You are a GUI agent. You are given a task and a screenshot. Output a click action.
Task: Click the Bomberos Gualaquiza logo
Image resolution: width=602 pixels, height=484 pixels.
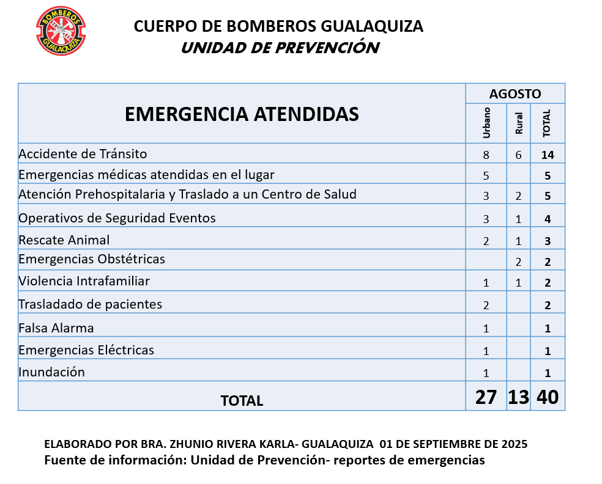(x=61, y=31)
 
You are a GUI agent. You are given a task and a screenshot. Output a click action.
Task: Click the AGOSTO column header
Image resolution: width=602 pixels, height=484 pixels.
(x=515, y=94)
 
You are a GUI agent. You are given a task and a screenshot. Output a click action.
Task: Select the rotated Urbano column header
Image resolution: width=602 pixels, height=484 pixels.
(x=487, y=123)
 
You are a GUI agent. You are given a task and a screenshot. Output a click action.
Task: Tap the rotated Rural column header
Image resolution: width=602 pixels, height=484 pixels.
(x=519, y=124)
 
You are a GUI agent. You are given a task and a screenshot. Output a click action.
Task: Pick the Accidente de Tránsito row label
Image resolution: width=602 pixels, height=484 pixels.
(x=83, y=153)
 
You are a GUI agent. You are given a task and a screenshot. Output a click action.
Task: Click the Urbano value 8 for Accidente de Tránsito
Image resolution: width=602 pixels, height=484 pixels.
(x=486, y=155)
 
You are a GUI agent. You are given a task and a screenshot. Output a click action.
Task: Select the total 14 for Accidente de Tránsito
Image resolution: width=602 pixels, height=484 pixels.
(x=548, y=155)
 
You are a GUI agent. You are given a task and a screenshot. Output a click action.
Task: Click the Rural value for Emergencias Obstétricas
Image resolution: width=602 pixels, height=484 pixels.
(x=518, y=262)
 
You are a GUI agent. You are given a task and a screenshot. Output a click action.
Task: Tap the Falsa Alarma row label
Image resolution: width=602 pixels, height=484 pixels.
(x=56, y=328)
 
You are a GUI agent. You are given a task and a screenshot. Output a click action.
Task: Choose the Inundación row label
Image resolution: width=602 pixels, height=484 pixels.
(x=51, y=372)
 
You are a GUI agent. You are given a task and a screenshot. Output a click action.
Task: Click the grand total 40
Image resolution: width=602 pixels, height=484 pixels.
(x=548, y=397)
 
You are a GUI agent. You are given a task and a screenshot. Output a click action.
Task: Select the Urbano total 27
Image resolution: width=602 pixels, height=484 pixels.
(x=486, y=397)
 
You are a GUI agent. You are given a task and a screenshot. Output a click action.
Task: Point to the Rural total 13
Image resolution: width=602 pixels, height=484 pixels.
(x=518, y=397)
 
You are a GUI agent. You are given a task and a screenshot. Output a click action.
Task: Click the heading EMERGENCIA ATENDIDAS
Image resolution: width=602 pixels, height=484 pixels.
(x=242, y=114)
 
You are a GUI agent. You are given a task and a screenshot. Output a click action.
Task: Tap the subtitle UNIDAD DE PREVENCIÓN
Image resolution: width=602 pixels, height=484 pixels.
(x=280, y=48)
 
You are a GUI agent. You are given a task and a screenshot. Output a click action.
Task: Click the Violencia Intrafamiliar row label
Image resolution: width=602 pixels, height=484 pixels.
(x=84, y=281)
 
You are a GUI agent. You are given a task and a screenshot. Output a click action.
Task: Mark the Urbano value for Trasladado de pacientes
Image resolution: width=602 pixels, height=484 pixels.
(x=486, y=306)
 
